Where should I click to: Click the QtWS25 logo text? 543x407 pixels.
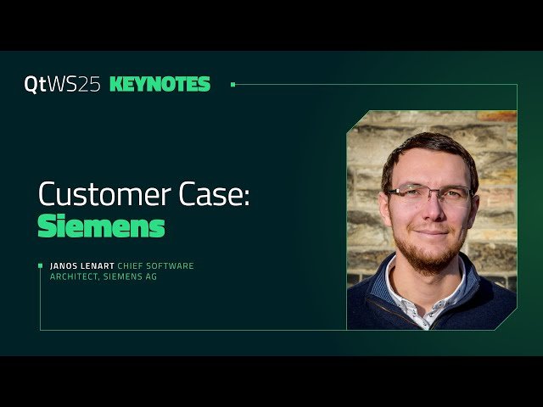tap(64, 85)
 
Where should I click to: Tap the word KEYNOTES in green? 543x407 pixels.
tap(160, 85)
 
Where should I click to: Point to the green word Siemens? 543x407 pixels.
tap(101, 227)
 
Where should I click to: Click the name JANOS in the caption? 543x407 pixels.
tap(64, 266)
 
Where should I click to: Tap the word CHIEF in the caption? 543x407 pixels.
tap(133, 266)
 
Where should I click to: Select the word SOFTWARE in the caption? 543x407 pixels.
tap(173, 266)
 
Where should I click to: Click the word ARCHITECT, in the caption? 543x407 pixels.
tap(76, 276)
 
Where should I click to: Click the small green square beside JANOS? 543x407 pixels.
tap(40, 266)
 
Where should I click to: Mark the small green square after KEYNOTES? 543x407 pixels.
tap(232, 85)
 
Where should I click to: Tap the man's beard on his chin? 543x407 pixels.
tap(430, 254)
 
